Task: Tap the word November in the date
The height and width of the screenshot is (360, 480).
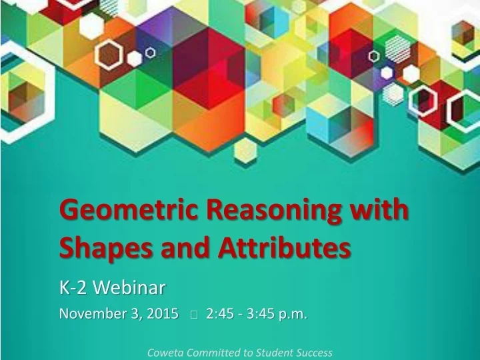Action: coord(91,313)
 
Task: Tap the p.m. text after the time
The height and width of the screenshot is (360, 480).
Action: coord(293,313)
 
